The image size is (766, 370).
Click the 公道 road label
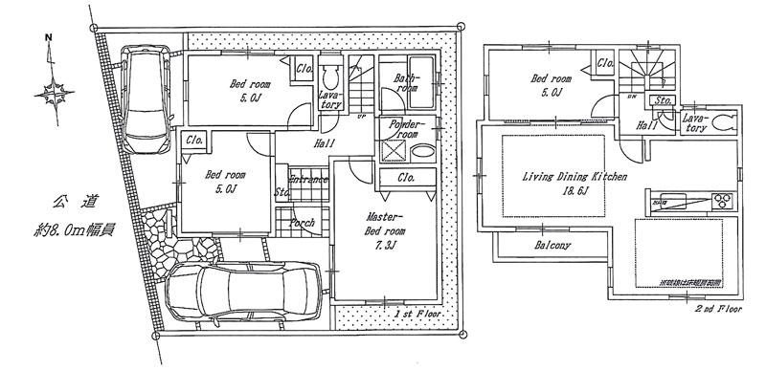(x=66, y=204)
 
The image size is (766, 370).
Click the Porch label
(x=304, y=223)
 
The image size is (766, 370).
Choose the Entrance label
(x=308, y=180)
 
